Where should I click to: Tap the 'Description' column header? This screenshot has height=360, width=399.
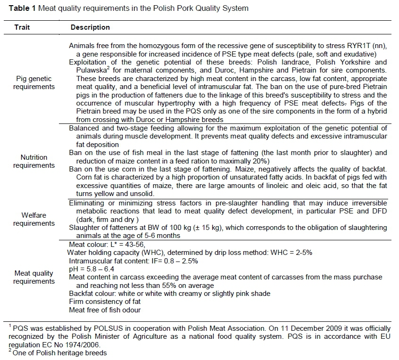[90, 27]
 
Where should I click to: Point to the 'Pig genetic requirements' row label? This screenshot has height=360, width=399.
[33, 83]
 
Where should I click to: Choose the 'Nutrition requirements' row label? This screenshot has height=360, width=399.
[33, 162]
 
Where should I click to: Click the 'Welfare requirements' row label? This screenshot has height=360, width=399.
[33, 219]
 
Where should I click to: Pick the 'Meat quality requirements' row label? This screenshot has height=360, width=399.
[33, 277]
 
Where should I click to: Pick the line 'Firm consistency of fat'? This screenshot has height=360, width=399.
[105, 301]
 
